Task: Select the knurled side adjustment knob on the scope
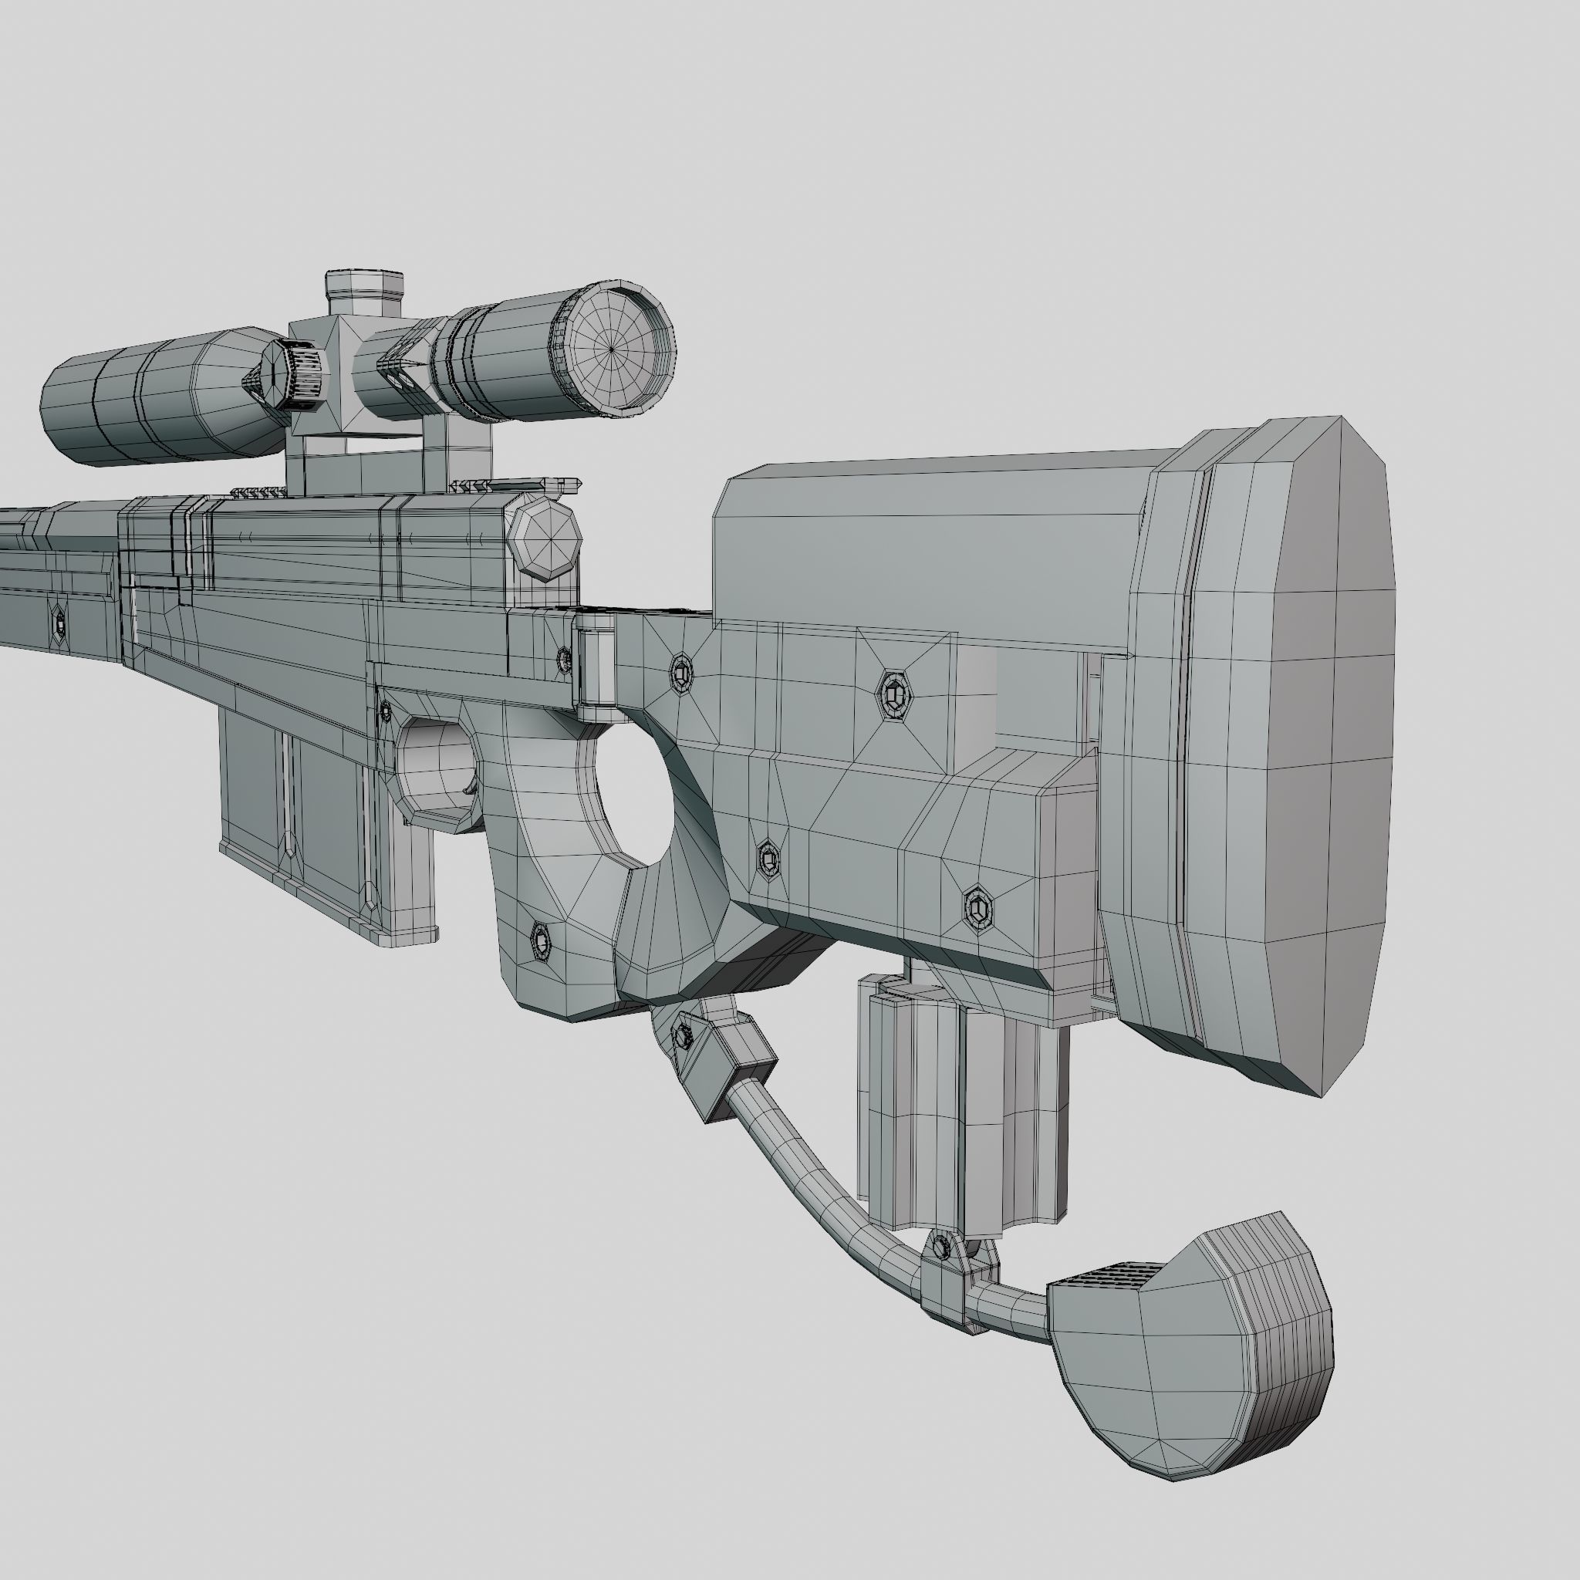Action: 295,376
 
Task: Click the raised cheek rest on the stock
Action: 924,540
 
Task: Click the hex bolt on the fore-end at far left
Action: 59,624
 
